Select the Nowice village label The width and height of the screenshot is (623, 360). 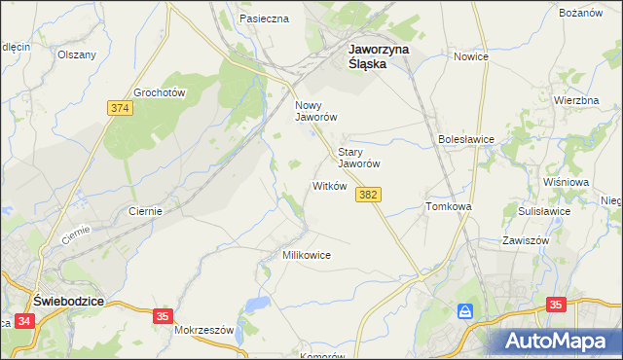(470, 57)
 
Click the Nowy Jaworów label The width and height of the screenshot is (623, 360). (315, 110)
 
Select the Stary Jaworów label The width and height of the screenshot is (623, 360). (358, 158)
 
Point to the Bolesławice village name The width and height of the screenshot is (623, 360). (466, 139)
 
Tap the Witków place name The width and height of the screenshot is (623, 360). (329, 186)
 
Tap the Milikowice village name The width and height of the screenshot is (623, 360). (307, 255)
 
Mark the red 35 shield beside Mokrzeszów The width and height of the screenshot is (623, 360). (164, 315)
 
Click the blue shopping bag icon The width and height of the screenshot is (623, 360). (465, 312)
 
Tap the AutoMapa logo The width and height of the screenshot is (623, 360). (560, 341)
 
